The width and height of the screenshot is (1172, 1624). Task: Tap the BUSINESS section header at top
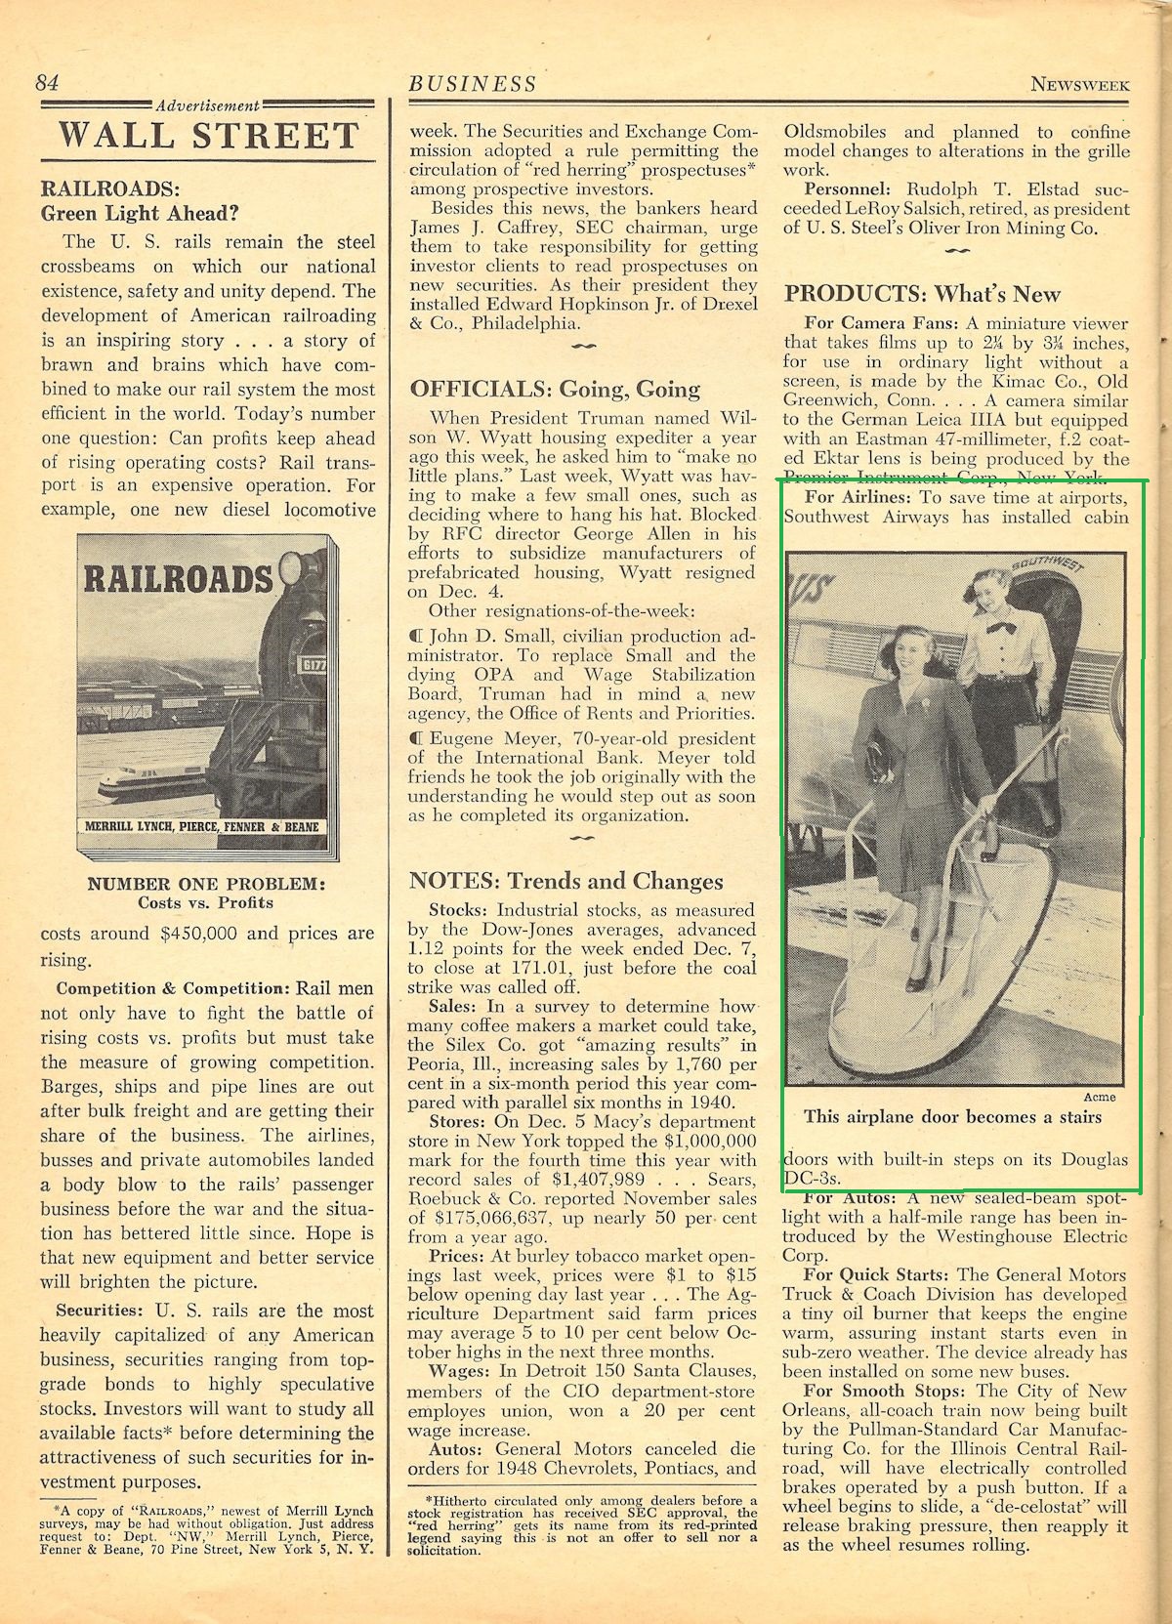coord(473,84)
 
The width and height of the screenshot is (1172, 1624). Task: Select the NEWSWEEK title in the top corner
coord(1080,84)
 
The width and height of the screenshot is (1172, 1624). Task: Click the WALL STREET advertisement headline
coord(208,135)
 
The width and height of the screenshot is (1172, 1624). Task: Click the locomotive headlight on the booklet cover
coord(290,566)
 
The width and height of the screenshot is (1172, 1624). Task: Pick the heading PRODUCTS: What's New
coord(922,293)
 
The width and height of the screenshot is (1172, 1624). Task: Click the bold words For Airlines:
coord(857,497)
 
